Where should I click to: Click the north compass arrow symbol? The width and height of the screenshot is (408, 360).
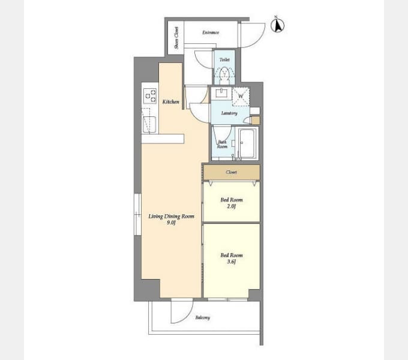tap(277, 25)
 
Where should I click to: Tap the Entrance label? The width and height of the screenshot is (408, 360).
tap(211, 32)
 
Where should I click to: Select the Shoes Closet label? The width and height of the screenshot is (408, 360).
tap(176, 38)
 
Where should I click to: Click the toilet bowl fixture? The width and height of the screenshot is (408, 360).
tap(224, 75)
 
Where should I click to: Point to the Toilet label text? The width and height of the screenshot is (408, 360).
tap(224, 59)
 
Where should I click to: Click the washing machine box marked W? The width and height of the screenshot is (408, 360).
tap(241, 97)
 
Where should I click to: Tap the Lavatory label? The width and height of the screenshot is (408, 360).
tap(229, 113)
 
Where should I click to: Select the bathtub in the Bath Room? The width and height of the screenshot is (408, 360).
tap(247, 143)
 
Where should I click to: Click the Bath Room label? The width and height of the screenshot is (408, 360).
tap(223, 145)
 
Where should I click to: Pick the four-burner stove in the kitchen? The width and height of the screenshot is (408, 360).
tap(150, 96)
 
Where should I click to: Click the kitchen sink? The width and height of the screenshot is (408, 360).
tap(149, 125)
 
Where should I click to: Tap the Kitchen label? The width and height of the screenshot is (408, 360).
tap(171, 102)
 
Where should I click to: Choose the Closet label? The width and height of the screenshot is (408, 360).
tap(232, 172)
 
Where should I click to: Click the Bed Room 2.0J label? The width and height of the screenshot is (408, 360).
tap(232, 203)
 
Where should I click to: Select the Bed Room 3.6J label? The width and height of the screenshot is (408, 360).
tap(232, 258)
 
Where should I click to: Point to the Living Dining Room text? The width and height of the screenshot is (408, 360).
tap(171, 217)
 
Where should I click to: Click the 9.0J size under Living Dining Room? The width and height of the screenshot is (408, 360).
tap(171, 223)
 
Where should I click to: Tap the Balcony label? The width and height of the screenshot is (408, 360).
tap(203, 317)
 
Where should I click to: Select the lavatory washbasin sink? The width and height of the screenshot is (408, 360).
tap(221, 94)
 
